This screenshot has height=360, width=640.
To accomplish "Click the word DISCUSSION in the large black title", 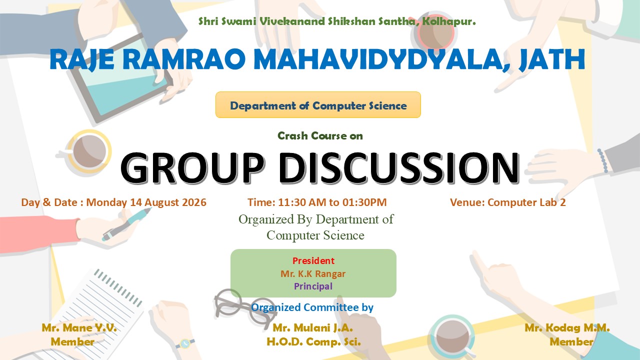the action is (x=399, y=167).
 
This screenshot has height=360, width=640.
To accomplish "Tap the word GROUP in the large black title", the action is (x=192, y=167).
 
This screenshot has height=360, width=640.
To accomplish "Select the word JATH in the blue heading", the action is (x=551, y=59).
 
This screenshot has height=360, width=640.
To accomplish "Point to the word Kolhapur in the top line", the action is (x=449, y=21).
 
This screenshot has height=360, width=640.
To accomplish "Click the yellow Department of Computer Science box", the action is (x=318, y=104).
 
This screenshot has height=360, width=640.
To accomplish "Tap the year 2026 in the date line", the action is (x=194, y=202).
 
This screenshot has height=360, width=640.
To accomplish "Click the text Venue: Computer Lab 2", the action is (x=507, y=202).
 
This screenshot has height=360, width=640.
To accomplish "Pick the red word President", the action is (x=313, y=260).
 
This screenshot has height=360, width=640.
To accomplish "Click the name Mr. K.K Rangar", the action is (x=313, y=273).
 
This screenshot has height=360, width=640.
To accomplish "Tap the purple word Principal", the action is (x=313, y=286).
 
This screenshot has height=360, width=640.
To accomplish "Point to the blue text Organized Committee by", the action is (x=312, y=307).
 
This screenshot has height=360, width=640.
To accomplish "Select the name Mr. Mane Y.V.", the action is (x=79, y=327).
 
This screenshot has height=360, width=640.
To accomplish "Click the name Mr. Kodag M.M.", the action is (x=567, y=327).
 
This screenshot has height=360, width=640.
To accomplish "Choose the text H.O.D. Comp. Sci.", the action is (x=313, y=341).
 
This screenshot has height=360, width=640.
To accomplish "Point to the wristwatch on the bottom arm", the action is (x=185, y=343).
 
